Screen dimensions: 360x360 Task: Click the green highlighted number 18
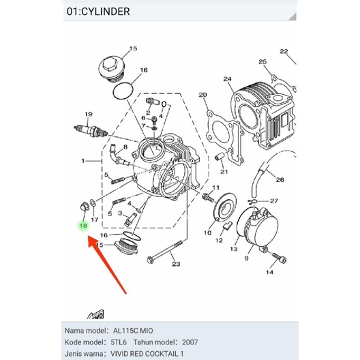[x=83, y=226]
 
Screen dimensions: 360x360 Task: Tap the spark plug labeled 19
[x=91, y=131]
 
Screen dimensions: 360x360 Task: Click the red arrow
[x=107, y=265]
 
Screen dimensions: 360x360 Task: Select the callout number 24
[x=227, y=79]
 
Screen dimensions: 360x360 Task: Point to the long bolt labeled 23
[x=165, y=252]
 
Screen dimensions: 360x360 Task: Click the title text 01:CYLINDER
[x=98, y=12]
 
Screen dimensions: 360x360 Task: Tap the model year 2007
[x=190, y=342]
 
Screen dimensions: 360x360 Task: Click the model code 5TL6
[x=119, y=342]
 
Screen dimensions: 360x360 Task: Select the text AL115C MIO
[x=133, y=331]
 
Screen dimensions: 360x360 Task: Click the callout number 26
[x=280, y=180]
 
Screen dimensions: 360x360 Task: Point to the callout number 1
[x=83, y=161]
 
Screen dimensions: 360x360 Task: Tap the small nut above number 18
[x=84, y=206]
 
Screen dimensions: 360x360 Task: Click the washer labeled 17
[x=93, y=203]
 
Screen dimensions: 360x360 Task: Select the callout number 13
[x=234, y=249]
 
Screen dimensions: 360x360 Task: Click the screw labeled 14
[x=279, y=258]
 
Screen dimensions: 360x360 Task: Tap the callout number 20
[x=202, y=95]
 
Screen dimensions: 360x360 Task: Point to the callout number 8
[x=125, y=147]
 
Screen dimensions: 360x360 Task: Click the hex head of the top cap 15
[x=108, y=65]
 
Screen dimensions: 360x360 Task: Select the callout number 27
[x=274, y=201]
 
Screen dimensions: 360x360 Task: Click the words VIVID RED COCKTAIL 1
[x=147, y=354]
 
